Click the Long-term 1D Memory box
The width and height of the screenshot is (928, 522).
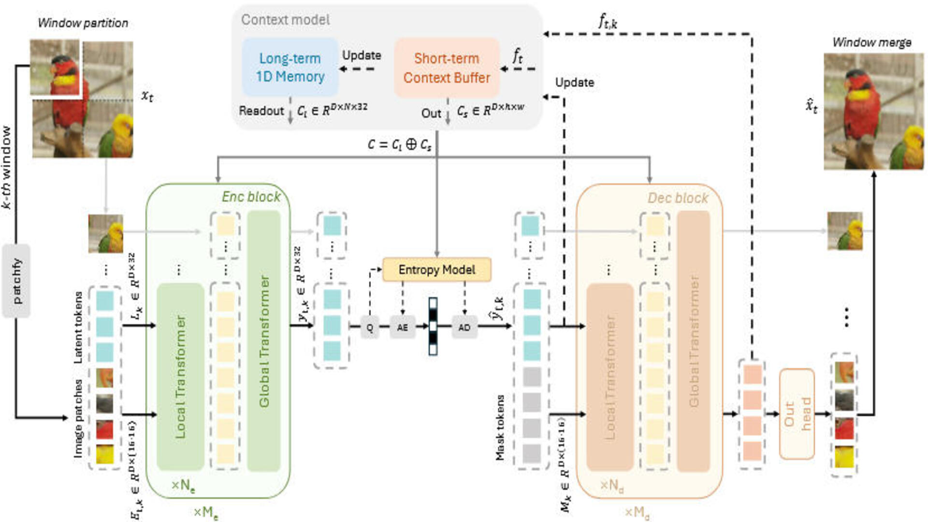[290, 67]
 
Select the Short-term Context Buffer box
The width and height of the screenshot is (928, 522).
[447, 68]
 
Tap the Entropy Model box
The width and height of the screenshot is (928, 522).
[436, 270]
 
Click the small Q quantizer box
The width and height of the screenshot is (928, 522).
[370, 327]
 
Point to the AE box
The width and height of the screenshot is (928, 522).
[402, 327]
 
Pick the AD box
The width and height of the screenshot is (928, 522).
[464, 327]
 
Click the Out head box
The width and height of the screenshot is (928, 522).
[797, 414]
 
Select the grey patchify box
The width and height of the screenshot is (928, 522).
[16, 281]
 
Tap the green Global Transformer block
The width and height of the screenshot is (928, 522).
[264, 341]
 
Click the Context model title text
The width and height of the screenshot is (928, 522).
[285, 20]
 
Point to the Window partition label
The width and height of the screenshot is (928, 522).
[83, 23]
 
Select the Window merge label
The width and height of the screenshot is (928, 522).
[871, 43]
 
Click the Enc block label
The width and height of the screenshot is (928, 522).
[251, 197]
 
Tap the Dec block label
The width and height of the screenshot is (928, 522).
[678, 198]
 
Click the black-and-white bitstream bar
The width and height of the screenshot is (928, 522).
[433, 327]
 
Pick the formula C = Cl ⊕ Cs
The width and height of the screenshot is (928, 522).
[399, 145]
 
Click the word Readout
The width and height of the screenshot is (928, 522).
[261, 111]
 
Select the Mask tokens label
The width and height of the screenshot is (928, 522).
[500, 428]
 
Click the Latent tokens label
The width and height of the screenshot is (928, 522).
[78, 327]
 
